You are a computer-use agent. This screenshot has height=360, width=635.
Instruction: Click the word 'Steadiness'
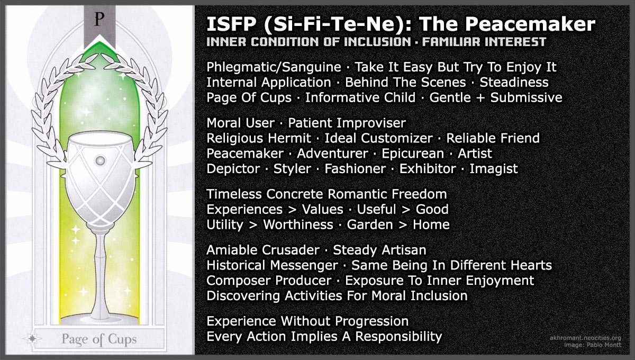point(514,83)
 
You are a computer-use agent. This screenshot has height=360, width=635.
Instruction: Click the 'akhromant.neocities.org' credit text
point(586,338)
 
